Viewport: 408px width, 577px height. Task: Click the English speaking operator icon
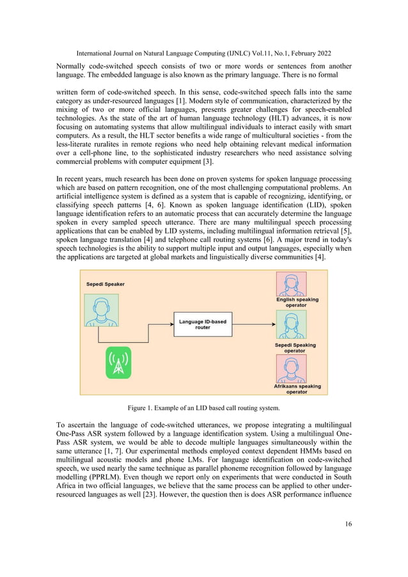291,283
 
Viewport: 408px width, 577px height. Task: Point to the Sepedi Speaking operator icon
291,326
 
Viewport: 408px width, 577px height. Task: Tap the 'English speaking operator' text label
297,302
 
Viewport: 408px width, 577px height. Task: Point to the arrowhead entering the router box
171,324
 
